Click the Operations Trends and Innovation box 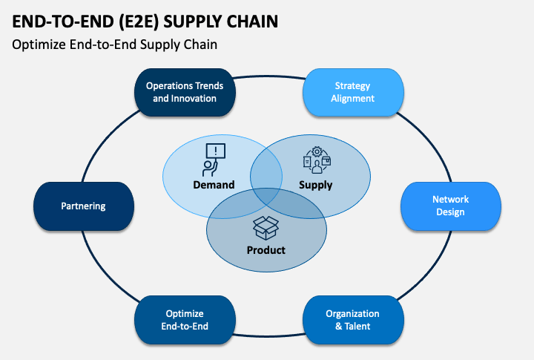coord(185,92)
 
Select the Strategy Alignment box coord(353,92)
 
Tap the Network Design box coord(450,206)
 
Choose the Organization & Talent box coord(353,320)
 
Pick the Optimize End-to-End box coord(185,320)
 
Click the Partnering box coord(83,206)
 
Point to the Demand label coord(214,185)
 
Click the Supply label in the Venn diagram coord(315,185)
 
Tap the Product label coord(266,250)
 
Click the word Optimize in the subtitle coord(38,45)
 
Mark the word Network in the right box coord(450,200)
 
